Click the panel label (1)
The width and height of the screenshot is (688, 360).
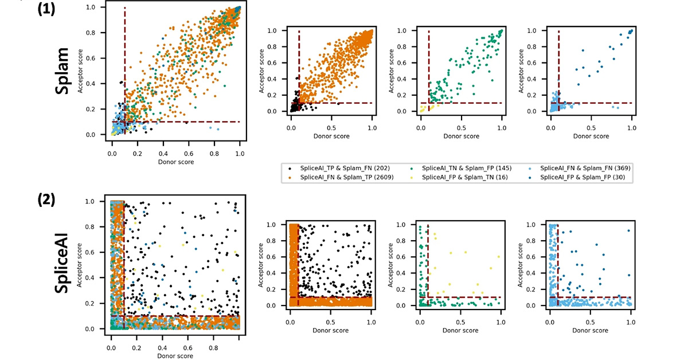point(47,10)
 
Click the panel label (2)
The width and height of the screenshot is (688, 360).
point(47,200)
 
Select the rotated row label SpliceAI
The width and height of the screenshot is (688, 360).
point(65,263)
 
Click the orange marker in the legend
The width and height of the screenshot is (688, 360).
point(289,178)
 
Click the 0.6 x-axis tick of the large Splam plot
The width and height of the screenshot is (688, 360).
point(189,154)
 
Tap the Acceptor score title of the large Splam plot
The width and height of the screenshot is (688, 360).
point(87,71)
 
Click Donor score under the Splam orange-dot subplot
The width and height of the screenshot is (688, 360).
point(331,136)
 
